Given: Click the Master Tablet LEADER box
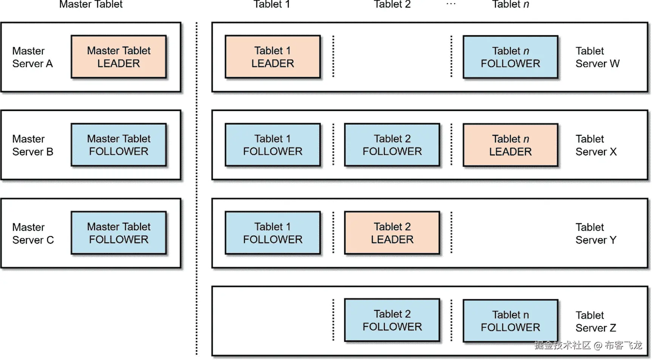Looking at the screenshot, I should pos(119,57).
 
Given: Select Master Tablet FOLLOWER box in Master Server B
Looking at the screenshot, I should pos(119,145).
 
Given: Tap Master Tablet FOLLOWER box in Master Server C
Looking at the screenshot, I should pos(119,233).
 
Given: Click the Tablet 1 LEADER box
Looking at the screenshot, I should pos(273,57).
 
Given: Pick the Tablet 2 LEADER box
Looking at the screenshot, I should pos(392,233).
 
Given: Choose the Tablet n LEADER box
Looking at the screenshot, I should pos(510,145).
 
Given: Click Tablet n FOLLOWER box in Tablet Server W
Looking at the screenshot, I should pos(510,57).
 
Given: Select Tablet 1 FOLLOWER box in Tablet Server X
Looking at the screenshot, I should pos(273,145).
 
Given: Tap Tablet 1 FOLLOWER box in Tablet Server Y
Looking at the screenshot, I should pos(273,233).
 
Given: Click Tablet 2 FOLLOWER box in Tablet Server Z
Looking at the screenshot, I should pos(392,320).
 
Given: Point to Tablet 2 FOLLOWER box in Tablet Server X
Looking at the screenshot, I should pos(392,145).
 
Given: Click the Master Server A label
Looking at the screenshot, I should pos(33,57).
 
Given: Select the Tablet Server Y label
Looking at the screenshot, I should pos(596,233).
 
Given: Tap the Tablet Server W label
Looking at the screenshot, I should pos(597,57).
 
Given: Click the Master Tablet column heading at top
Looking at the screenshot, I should pos(91,5).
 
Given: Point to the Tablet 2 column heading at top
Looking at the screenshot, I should pos(392,5).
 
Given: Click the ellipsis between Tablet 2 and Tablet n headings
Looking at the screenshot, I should pos(451,4).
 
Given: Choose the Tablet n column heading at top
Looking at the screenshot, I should pos(510,5).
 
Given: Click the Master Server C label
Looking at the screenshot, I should pos(33,233).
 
